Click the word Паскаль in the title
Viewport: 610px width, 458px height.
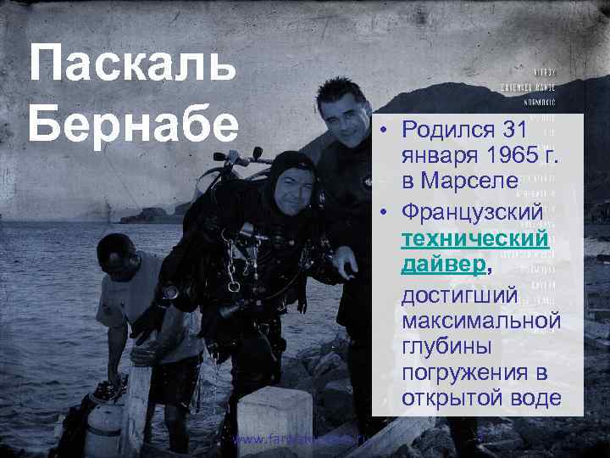(132, 65)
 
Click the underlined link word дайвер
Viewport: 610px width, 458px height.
(444, 265)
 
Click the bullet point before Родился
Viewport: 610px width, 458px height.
(384, 131)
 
